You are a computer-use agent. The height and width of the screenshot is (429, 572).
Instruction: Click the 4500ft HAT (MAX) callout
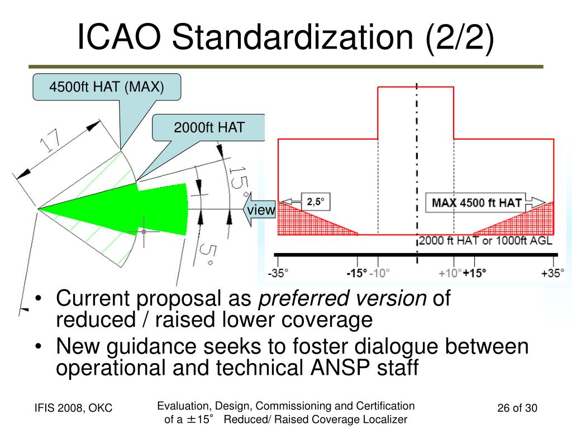[107, 87]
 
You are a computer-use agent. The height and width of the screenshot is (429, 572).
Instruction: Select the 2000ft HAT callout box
[209, 128]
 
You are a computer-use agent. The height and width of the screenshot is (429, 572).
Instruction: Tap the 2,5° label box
[316, 202]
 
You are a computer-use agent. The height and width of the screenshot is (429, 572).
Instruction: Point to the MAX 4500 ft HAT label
[476, 203]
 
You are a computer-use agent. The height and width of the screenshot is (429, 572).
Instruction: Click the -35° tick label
[278, 273]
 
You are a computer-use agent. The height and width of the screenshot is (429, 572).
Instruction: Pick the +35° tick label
[553, 273]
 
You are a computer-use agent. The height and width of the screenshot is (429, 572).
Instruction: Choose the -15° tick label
[357, 273]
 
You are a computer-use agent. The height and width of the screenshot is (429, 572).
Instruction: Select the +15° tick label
[475, 273]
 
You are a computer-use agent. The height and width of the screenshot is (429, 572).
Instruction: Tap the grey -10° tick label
[379, 273]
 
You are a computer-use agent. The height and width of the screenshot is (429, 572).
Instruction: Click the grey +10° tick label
[450, 273]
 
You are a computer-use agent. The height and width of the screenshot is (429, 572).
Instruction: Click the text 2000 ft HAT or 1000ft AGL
[485, 241]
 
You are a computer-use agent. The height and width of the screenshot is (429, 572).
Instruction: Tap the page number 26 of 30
[517, 408]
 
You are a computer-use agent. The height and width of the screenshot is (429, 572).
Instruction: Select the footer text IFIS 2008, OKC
[73, 408]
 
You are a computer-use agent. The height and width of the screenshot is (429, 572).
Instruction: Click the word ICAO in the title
[119, 37]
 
